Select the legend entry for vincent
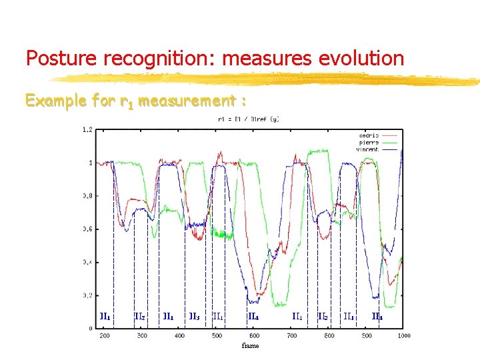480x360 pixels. (x=367, y=149)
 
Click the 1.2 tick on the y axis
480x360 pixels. (x=87, y=129)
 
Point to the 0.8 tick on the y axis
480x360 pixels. (x=87, y=196)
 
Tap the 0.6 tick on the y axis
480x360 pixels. (x=87, y=229)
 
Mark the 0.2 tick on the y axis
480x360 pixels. (x=87, y=295)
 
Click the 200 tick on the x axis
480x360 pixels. (x=105, y=335)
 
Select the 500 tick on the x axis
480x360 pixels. (x=217, y=335)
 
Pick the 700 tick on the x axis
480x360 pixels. (x=291, y=335)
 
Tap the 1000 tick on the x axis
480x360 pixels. (x=403, y=335)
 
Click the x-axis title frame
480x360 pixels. (x=250, y=346)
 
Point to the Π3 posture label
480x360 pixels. (x=194, y=317)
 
